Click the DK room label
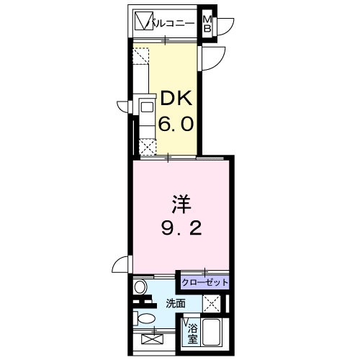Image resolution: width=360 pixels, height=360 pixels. click(x=176, y=99)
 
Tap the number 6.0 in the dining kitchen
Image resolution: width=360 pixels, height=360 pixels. click(x=176, y=123)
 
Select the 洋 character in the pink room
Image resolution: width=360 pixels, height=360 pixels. click(x=181, y=204)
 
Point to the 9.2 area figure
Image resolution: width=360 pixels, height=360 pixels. click(x=181, y=228)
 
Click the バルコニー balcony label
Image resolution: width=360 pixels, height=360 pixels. click(x=171, y=24)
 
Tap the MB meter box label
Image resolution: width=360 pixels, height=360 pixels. click(x=207, y=24)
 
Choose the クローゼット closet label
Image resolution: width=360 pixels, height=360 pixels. click(x=204, y=282)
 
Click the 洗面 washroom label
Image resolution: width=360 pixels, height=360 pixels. click(x=176, y=304)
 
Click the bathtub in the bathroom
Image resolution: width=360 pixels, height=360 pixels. click(x=210, y=332)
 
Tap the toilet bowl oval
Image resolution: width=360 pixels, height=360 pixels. click(x=145, y=320)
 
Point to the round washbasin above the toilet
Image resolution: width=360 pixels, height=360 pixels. click(x=140, y=287)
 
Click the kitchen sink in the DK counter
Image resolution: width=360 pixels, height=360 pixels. click(x=147, y=107)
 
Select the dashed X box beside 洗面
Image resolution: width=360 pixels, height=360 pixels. click(x=212, y=304)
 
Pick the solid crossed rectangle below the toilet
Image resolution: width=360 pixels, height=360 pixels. click(x=153, y=339)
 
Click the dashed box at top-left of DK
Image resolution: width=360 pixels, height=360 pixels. click(x=141, y=56)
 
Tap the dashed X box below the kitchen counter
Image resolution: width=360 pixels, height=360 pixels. click(x=147, y=148)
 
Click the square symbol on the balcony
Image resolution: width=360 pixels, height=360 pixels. click(x=144, y=21)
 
